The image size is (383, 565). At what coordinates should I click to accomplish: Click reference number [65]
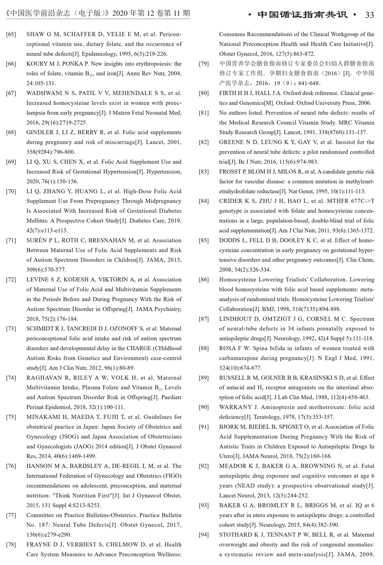(11, 34)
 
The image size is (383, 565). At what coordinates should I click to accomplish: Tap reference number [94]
(204, 535)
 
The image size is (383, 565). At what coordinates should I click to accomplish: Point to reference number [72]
(11, 280)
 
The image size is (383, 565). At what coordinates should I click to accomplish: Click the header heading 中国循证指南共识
(303, 15)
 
